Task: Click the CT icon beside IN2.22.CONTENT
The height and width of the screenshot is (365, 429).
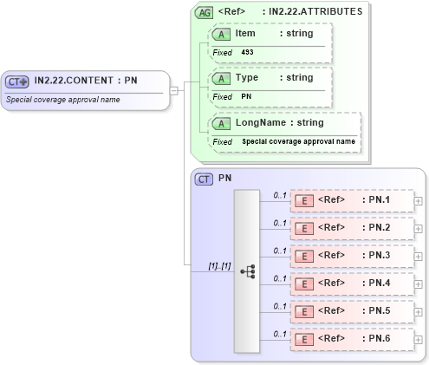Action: (17, 81)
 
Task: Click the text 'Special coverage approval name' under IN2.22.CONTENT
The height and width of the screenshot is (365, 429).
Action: (63, 99)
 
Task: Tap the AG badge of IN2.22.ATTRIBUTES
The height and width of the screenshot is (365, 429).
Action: (204, 12)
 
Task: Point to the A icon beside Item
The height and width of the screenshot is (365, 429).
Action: (222, 33)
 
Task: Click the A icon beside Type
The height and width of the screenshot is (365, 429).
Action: (222, 78)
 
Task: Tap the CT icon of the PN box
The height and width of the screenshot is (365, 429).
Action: (204, 179)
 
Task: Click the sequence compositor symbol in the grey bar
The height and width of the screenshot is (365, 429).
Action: (247, 270)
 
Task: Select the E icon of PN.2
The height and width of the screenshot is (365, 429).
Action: (304, 228)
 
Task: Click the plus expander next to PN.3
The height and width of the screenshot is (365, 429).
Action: (419, 257)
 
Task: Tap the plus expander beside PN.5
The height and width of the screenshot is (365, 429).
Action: (419, 312)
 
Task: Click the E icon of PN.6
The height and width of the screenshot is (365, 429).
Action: (304, 339)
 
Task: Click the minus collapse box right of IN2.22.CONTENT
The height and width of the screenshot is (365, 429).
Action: (174, 89)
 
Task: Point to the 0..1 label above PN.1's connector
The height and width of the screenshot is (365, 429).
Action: (279, 194)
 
